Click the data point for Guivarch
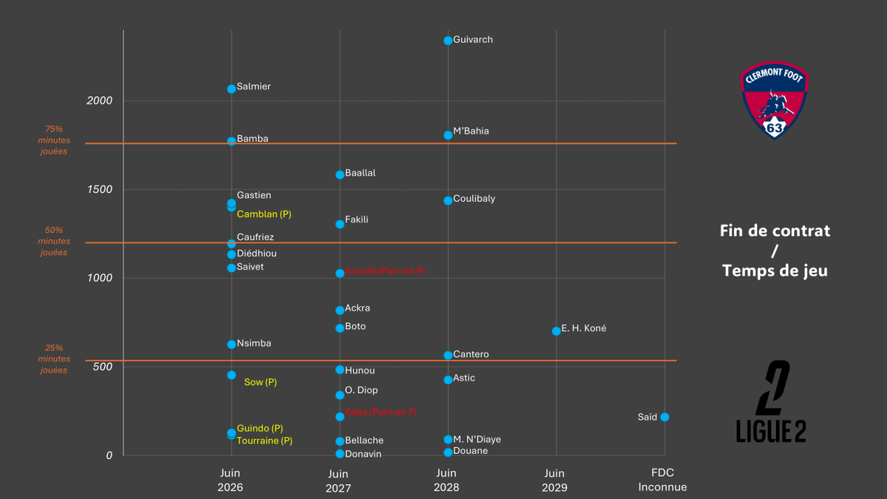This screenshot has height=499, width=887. coord(448,41)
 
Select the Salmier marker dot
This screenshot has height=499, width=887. coord(231,89)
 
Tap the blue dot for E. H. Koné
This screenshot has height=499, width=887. coord(556,330)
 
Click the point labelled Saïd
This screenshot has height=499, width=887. coord(665,417)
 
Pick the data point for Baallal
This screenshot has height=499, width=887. coord(340,174)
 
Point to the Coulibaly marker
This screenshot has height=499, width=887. coord(448,200)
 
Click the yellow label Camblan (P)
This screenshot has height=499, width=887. coord(264,214)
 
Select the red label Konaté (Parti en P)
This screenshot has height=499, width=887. coord(385,271)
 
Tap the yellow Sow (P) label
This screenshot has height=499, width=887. coord(260,382)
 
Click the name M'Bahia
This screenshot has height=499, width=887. coord(471,131)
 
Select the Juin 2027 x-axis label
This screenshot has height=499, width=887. coord(338,481)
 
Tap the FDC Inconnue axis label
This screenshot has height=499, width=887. coord(662,481)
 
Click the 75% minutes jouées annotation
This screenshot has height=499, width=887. coord(54,140)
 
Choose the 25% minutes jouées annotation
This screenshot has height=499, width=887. coord(54,359)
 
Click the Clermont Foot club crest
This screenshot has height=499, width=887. coord(774,101)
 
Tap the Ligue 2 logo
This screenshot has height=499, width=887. coord(771,402)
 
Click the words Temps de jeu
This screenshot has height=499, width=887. coord(775,271)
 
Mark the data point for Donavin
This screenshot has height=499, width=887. coord(340,454)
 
